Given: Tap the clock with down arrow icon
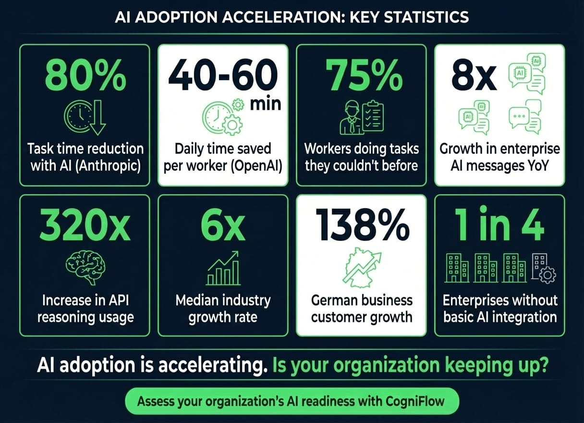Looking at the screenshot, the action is pos(85,117).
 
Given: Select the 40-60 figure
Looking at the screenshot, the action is pos(223,75).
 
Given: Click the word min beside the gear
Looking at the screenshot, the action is pos(266,104).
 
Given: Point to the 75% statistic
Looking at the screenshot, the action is pos(364,75).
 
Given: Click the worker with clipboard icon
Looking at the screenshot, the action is pos(362,117).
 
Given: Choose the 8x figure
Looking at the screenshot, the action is pos(474,77).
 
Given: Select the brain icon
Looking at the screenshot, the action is pos(85,268).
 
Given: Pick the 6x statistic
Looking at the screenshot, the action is pos(223,225).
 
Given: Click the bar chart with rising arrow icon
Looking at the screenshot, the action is pos(223,268).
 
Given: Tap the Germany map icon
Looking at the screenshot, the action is pos(362,268).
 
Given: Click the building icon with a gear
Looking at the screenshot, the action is pos(544,269).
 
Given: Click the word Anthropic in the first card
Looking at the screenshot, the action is pos(108,166).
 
